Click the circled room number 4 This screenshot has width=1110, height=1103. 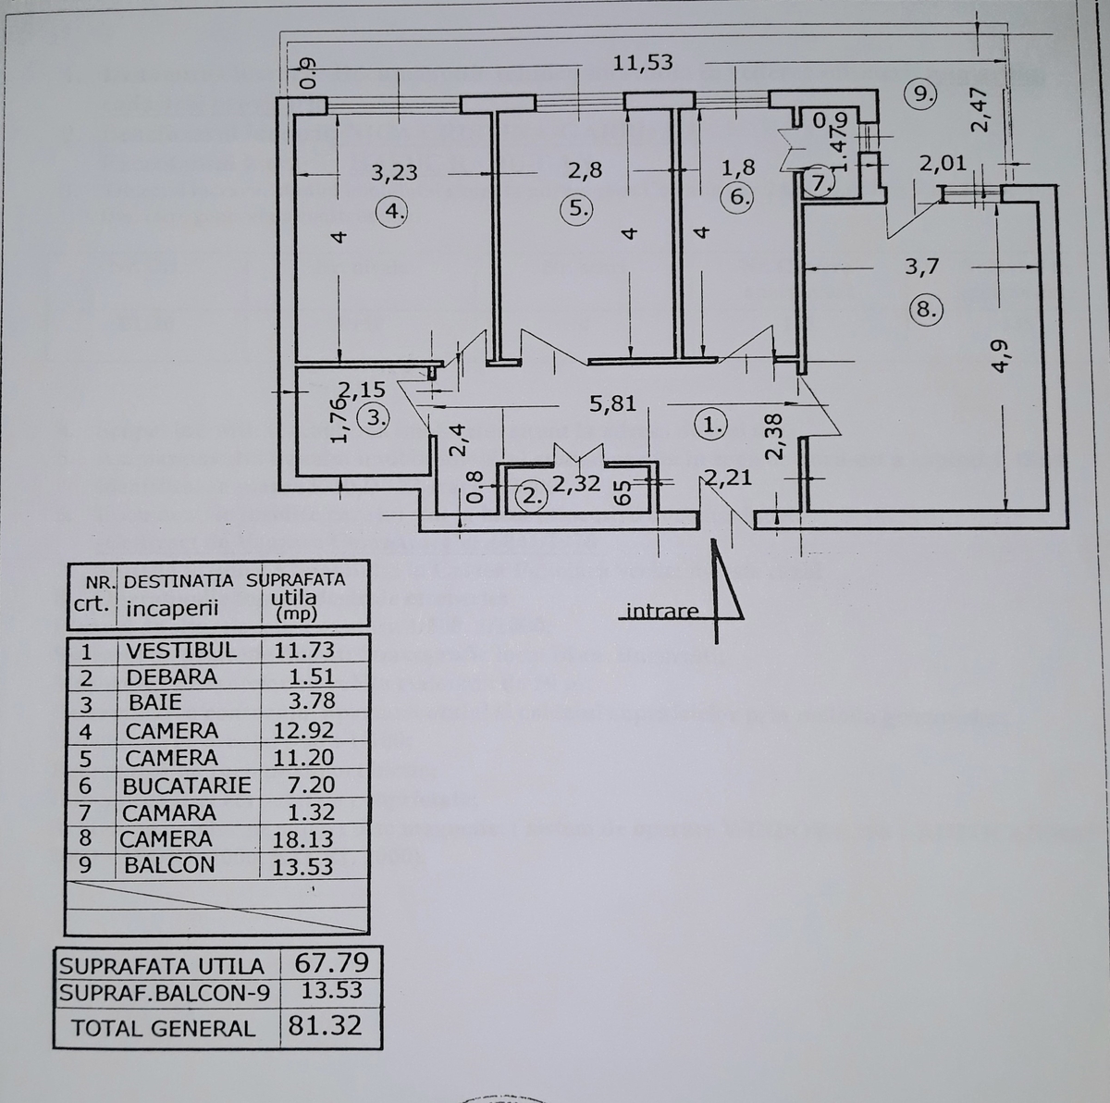pyautogui.click(x=395, y=211)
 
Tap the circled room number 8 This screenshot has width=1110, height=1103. pyautogui.click(x=926, y=308)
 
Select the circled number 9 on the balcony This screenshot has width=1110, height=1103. pyautogui.click(x=921, y=93)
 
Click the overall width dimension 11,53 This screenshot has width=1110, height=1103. pyautogui.click(x=643, y=63)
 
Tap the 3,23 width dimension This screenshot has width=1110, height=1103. pyautogui.click(x=394, y=172)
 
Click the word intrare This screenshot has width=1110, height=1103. pyautogui.click(x=662, y=612)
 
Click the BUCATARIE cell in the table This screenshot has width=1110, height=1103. pyautogui.click(x=187, y=786)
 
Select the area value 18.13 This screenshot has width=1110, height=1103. pyautogui.click(x=302, y=839)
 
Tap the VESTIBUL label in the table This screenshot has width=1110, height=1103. pyautogui.click(x=180, y=650)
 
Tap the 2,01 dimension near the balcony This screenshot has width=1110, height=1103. pyautogui.click(x=943, y=164)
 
